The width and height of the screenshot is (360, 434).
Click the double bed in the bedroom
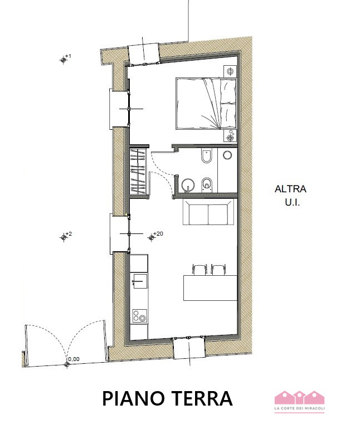point(206,103)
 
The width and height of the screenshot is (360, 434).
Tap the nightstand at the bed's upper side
point(231,71)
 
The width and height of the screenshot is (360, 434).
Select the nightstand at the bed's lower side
point(231,136)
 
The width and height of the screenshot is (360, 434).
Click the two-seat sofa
point(208,214)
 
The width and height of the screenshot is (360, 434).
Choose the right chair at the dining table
point(217,270)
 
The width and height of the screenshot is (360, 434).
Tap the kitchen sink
point(139,282)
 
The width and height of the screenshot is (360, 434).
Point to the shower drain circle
point(227,155)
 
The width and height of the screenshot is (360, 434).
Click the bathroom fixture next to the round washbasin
point(207,184)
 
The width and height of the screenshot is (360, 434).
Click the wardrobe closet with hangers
point(139,172)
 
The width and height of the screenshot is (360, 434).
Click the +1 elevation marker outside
point(64,60)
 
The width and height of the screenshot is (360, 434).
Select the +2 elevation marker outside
point(64,237)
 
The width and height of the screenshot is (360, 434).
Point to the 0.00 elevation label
point(72,359)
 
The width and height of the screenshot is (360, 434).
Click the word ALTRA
point(290,189)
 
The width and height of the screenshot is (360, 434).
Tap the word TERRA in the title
point(203,398)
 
